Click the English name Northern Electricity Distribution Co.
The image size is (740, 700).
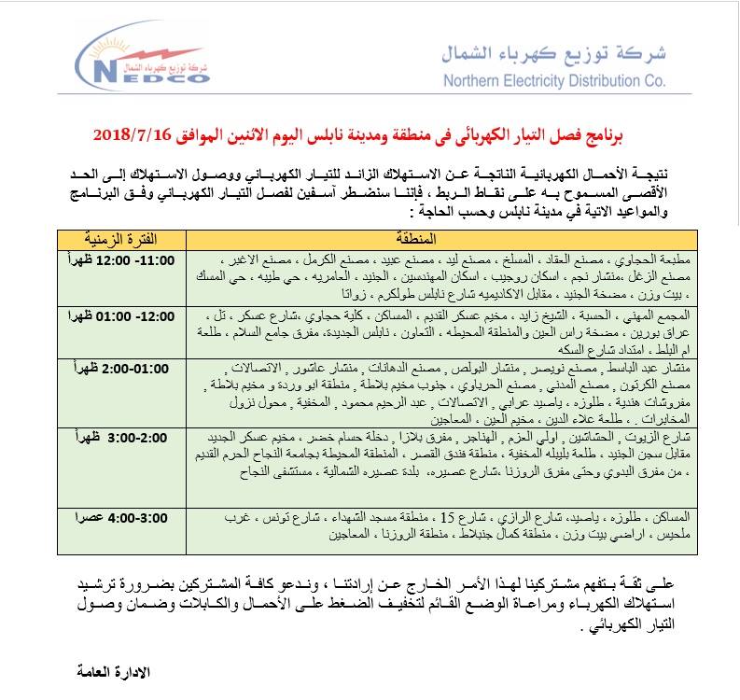(553, 80)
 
